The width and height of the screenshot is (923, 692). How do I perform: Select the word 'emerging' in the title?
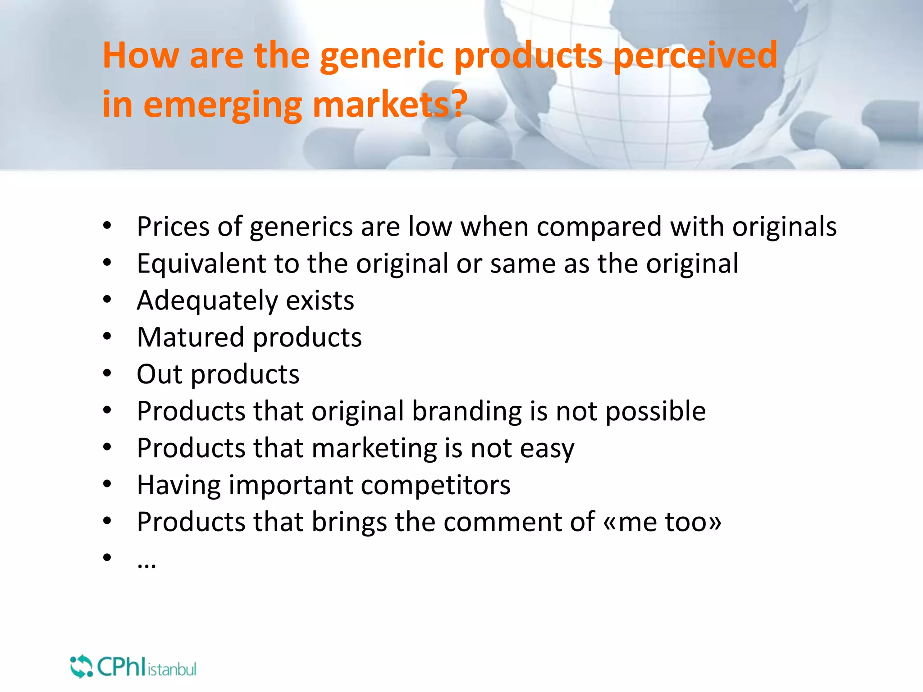click(223, 105)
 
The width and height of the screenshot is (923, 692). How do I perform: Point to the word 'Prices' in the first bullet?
click(173, 226)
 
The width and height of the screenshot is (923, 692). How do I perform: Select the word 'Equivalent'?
click(201, 264)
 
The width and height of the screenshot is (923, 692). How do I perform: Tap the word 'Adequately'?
click(207, 301)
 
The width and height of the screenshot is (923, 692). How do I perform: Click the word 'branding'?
click(467, 412)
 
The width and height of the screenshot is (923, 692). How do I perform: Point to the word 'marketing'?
click(374, 449)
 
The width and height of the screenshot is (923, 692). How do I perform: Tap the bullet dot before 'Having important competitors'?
click(107, 484)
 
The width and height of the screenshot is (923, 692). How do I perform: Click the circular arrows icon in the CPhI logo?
click(81, 666)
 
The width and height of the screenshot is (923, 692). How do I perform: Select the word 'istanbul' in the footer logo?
click(172, 669)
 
